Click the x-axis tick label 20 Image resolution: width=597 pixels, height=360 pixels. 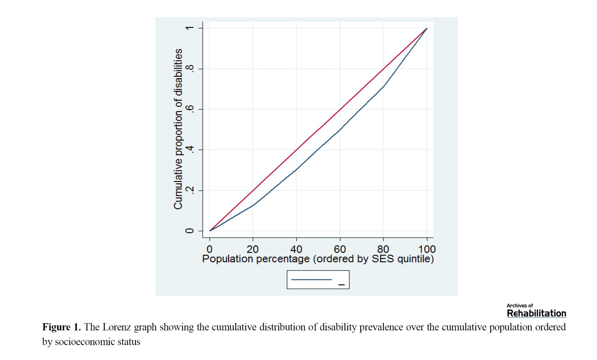[253, 249]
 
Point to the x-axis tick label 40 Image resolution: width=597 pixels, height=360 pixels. [296, 249]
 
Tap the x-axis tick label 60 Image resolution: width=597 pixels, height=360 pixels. [340, 249]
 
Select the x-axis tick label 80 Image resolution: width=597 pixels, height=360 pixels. [383, 249]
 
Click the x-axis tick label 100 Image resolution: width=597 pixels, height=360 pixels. [427, 249]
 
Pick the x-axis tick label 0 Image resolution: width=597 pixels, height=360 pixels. [210, 249]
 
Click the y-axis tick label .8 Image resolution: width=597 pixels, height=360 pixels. [190, 69]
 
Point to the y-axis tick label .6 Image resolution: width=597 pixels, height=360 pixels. [190, 109]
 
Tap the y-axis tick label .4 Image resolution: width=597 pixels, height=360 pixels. [190, 150]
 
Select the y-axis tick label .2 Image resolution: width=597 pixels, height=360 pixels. [190, 190]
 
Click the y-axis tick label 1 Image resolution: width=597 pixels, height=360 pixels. [190, 28]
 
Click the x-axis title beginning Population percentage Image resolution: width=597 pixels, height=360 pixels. [318, 259]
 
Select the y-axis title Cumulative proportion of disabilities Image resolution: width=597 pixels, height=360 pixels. [178, 129]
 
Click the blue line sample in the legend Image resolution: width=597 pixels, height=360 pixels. [311, 279]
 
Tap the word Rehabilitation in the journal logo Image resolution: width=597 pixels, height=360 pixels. [536, 313]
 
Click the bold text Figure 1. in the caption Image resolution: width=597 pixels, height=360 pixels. [61, 327]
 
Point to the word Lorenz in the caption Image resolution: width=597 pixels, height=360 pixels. [117, 327]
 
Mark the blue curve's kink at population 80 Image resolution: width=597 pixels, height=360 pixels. [383, 86]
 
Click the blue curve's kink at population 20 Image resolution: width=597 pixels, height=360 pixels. [253, 206]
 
